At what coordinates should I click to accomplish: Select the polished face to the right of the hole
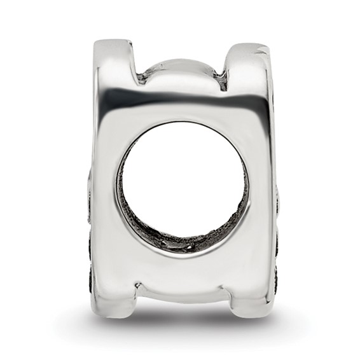click(261, 191)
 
